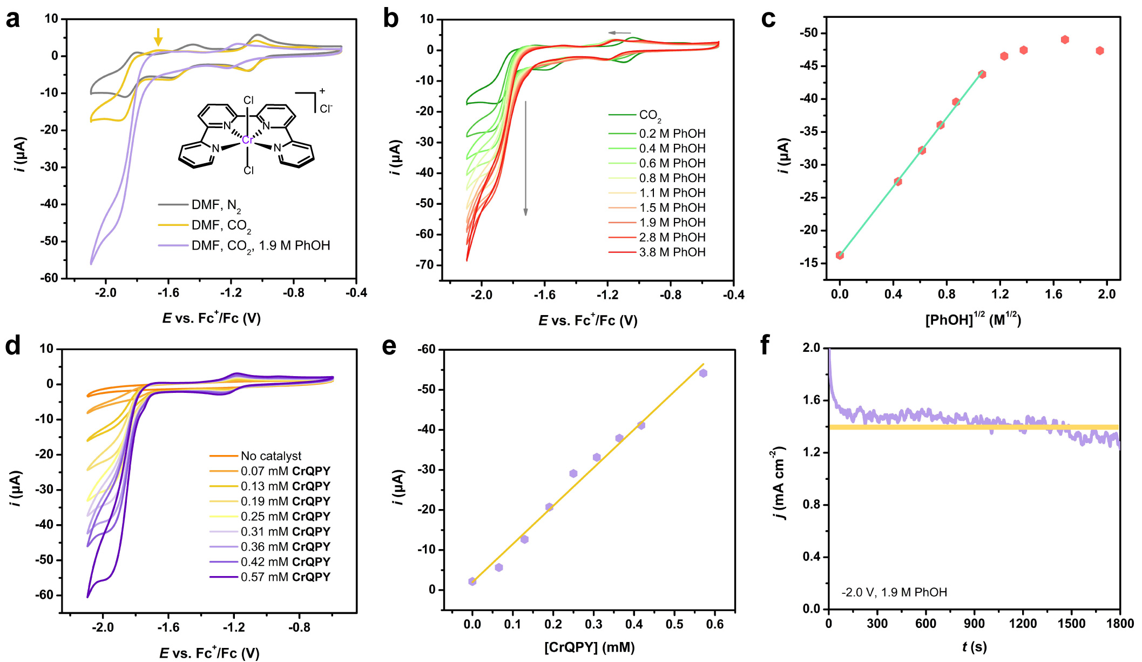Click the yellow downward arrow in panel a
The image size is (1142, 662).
pos(158,37)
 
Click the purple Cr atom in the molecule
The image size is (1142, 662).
pos(247,140)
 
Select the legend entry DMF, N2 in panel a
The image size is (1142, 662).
pos(216,205)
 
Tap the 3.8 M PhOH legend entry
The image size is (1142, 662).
pos(672,252)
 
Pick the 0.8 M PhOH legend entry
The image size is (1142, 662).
pos(672,178)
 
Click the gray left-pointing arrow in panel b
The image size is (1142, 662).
pos(619,33)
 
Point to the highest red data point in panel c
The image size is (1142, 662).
pos(1065,39)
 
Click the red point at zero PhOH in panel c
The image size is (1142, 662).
pos(840,255)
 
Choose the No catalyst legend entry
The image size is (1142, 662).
pos(271,456)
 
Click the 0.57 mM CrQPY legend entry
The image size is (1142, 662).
pos(285,577)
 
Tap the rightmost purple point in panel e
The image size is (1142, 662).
pos(703,373)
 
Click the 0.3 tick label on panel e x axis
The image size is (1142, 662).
pos(593,625)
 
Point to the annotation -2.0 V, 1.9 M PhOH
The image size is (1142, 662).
pos(894,592)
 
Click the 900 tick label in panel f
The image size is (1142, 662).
pos(974,624)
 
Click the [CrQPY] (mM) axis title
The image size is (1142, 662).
pos(589,647)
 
